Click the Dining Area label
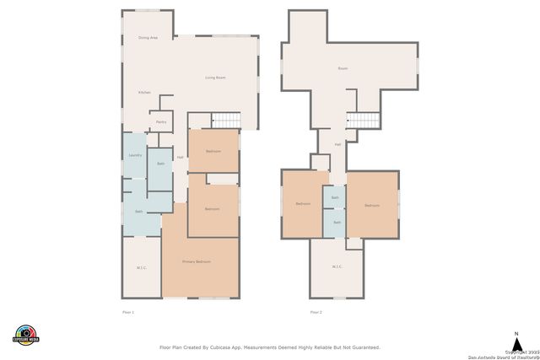coord(148,38)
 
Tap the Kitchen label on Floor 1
coord(144,92)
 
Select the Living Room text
coord(215,78)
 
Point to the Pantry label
coord(160,122)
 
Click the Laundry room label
coord(135,155)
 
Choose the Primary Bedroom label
coord(197,262)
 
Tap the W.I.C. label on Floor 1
coord(141,268)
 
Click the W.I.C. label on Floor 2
coord(337,267)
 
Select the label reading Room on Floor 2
coord(343,68)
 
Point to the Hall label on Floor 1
coord(180,158)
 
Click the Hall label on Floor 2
coord(337,144)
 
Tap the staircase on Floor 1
coord(225,121)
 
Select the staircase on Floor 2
coord(365,121)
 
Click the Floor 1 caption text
coord(128,312)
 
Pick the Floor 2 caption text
coord(316,312)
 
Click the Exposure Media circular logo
coord(26,335)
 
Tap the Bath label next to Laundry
coord(160,164)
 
